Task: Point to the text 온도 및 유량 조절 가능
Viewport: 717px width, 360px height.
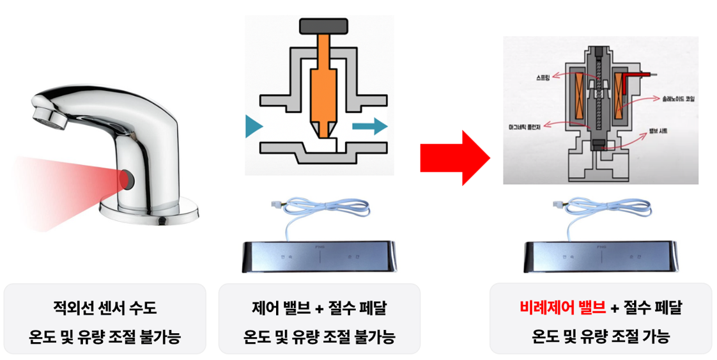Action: [601, 336]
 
